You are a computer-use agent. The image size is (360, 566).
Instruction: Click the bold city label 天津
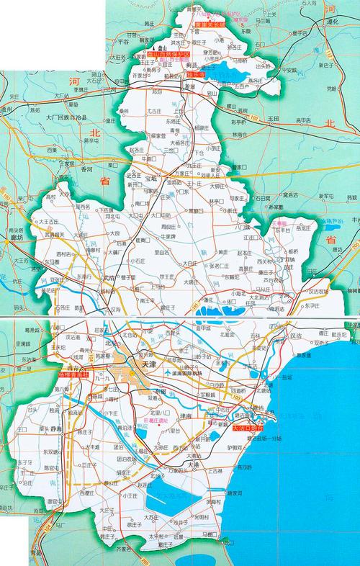click(149, 365)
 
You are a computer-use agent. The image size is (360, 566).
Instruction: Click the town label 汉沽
click(293, 336)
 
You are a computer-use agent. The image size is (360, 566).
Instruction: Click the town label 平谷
click(122, 42)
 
